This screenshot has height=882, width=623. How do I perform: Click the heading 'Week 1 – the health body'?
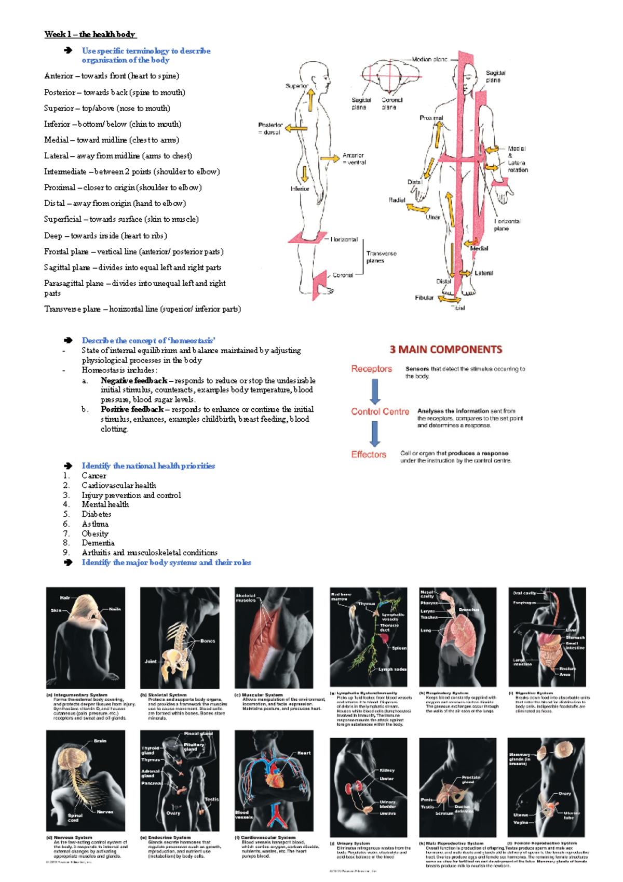tap(90, 34)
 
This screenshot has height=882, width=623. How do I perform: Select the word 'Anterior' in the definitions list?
tap(58, 76)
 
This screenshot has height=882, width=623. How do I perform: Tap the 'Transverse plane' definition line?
tap(142, 309)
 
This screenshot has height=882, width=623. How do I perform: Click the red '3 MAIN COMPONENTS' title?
tap(445, 350)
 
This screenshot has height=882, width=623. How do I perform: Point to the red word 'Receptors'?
tap(371, 369)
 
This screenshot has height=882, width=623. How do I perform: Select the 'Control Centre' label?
tap(380, 411)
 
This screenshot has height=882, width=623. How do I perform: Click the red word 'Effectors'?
tap(369, 455)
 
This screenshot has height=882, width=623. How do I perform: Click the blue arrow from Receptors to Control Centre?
tap(374, 391)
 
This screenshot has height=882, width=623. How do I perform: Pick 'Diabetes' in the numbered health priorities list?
tap(96, 514)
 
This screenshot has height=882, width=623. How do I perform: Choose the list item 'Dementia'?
tap(98, 543)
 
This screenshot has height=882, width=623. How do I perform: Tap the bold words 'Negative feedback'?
tap(133, 381)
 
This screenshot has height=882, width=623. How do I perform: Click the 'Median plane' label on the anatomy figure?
tap(429, 60)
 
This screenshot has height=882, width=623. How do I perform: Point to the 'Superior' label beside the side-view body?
tap(296, 86)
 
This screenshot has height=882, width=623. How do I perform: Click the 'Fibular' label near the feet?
tap(424, 298)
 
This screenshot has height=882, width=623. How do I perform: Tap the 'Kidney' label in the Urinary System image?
tap(387, 770)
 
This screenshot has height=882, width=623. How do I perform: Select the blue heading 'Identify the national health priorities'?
tap(148, 466)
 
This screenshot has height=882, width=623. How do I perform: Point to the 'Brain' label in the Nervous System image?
tap(100, 741)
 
